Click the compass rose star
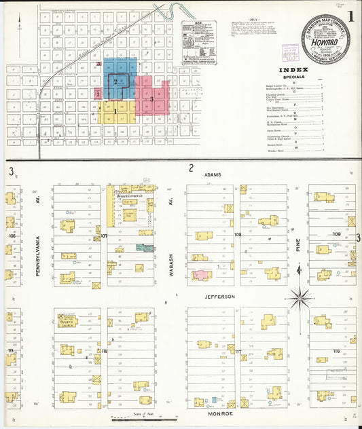click(x=300, y=297)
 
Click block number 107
click(x=104, y=236)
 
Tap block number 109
click(x=337, y=234)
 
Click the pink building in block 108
click(x=202, y=276)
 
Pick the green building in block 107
click(x=145, y=248)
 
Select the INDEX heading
click(x=293, y=70)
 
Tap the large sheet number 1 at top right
click(x=350, y=14)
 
